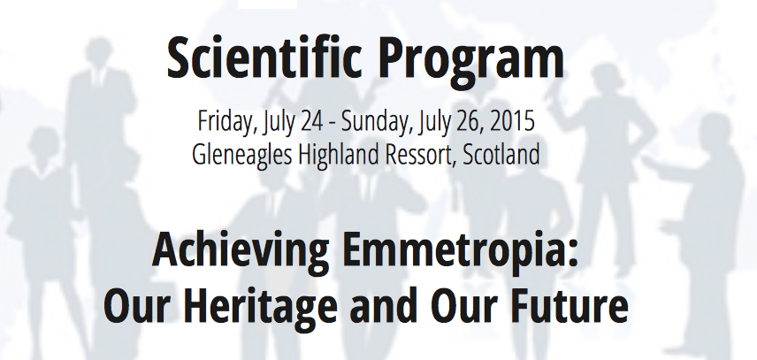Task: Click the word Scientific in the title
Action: coord(264,59)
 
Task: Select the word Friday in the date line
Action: coord(226,122)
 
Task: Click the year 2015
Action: coord(512,121)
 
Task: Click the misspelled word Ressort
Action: coord(419,156)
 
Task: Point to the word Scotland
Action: coord(501,155)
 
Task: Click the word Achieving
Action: coord(241,252)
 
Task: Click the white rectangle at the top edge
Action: coord(267,4)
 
